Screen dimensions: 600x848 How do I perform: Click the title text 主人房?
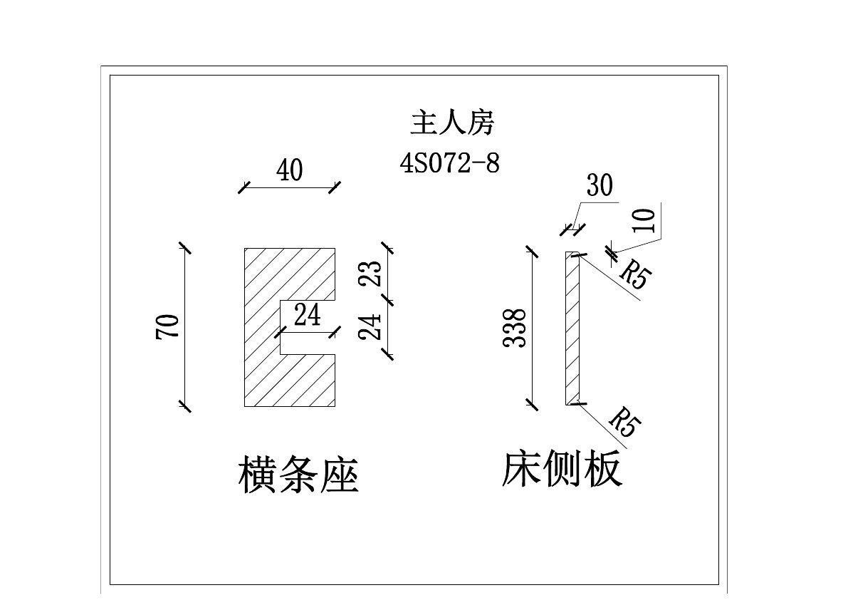(x=451, y=123)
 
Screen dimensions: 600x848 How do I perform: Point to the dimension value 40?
(x=289, y=172)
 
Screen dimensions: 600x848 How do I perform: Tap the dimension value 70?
(x=169, y=327)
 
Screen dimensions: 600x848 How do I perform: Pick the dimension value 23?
(x=372, y=271)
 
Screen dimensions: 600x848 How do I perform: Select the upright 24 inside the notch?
(x=307, y=315)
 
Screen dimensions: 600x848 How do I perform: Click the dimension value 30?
(x=600, y=186)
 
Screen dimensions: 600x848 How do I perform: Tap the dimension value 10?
(x=644, y=221)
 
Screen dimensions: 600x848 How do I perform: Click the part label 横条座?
(x=298, y=475)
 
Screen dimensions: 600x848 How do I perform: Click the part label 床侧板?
(x=562, y=470)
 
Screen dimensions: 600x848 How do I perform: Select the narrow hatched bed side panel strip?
(x=572, y=328)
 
